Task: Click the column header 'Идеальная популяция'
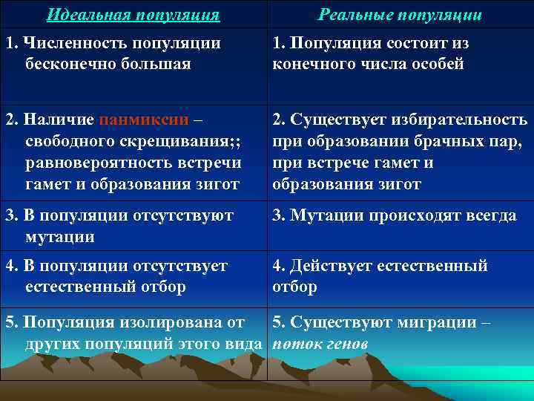(x=133, y=15)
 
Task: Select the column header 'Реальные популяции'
(x=400, y=15)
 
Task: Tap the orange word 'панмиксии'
(x=148, y=120)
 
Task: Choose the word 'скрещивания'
(x=170, y=141)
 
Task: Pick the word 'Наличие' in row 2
(x=59, y=120)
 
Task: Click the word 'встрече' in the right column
(x=338, y=163)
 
